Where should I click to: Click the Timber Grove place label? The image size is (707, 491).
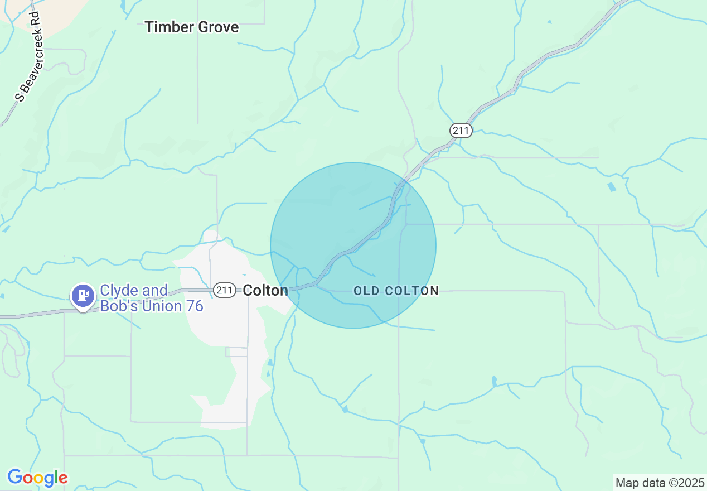coord(192,27)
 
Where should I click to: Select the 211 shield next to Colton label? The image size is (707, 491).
coord(224,290)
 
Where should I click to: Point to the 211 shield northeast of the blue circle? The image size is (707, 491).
coord(461,131)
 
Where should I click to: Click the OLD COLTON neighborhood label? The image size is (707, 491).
coord(396,291)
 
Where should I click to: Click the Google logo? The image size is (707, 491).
coord(37,478)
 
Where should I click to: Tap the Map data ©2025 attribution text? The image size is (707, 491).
coord(660,483)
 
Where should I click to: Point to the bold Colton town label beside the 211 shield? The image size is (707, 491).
coord(266,290)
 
